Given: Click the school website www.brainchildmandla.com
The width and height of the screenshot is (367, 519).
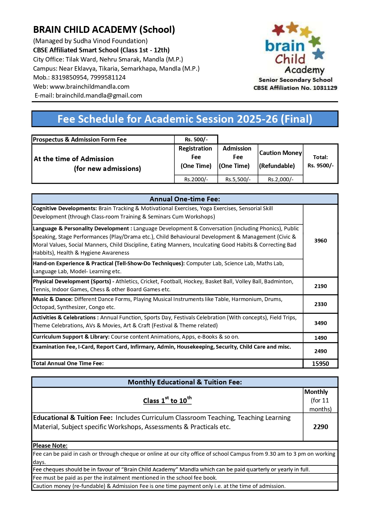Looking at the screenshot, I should tap(89, 87).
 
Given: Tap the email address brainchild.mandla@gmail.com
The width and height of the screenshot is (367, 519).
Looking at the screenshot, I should tap(99, 96).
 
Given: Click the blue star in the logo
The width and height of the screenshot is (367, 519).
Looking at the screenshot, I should tap(318, 54).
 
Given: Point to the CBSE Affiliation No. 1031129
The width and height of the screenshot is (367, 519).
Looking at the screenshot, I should tap(295, 88).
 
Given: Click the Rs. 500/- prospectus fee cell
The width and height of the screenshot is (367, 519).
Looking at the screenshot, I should tap(196, 140).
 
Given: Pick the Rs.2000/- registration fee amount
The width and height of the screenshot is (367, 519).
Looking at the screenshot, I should tap(196, 179).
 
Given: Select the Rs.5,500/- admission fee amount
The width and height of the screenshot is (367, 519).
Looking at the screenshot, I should tap(238, 179).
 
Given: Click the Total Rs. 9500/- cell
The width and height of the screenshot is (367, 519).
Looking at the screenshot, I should tap(321, 161).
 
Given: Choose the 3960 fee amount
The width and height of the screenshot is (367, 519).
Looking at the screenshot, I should tap(321, 241).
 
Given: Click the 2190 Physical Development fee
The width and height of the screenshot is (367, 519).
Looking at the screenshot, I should tap(321, 286).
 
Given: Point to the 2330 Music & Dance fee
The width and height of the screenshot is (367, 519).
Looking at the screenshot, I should tap(321, 304).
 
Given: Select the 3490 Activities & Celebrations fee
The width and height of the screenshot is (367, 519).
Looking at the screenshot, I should tap(321, 323).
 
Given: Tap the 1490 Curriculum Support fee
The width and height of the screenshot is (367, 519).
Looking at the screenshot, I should tap(321, 338).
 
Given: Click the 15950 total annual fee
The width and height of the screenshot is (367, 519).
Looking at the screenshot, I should tap(321, 364).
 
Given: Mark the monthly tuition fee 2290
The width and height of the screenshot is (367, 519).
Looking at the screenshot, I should tap(321, 427).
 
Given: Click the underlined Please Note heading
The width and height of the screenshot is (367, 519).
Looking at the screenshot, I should tap(50, 446).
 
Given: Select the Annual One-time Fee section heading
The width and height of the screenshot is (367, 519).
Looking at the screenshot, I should tap(185, 199).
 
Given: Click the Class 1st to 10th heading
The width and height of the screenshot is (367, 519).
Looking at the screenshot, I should tap(167, 400).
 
